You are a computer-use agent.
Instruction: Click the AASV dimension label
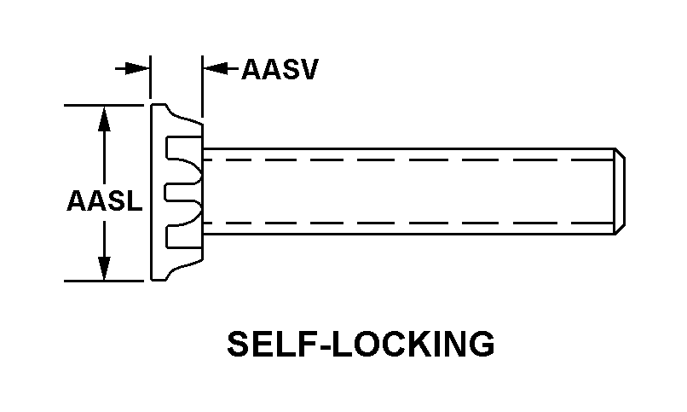(x=280, y=69)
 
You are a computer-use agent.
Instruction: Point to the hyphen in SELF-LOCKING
(x=328, y=345)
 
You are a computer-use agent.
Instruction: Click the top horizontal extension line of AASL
(x=102, y=105)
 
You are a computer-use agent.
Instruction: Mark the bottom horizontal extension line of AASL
(x=102, y=280)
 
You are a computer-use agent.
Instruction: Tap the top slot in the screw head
(x=182, y=150)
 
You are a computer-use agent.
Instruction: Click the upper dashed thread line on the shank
(x=409, y=160)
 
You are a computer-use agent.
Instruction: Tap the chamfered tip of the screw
(x=621, y=191)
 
